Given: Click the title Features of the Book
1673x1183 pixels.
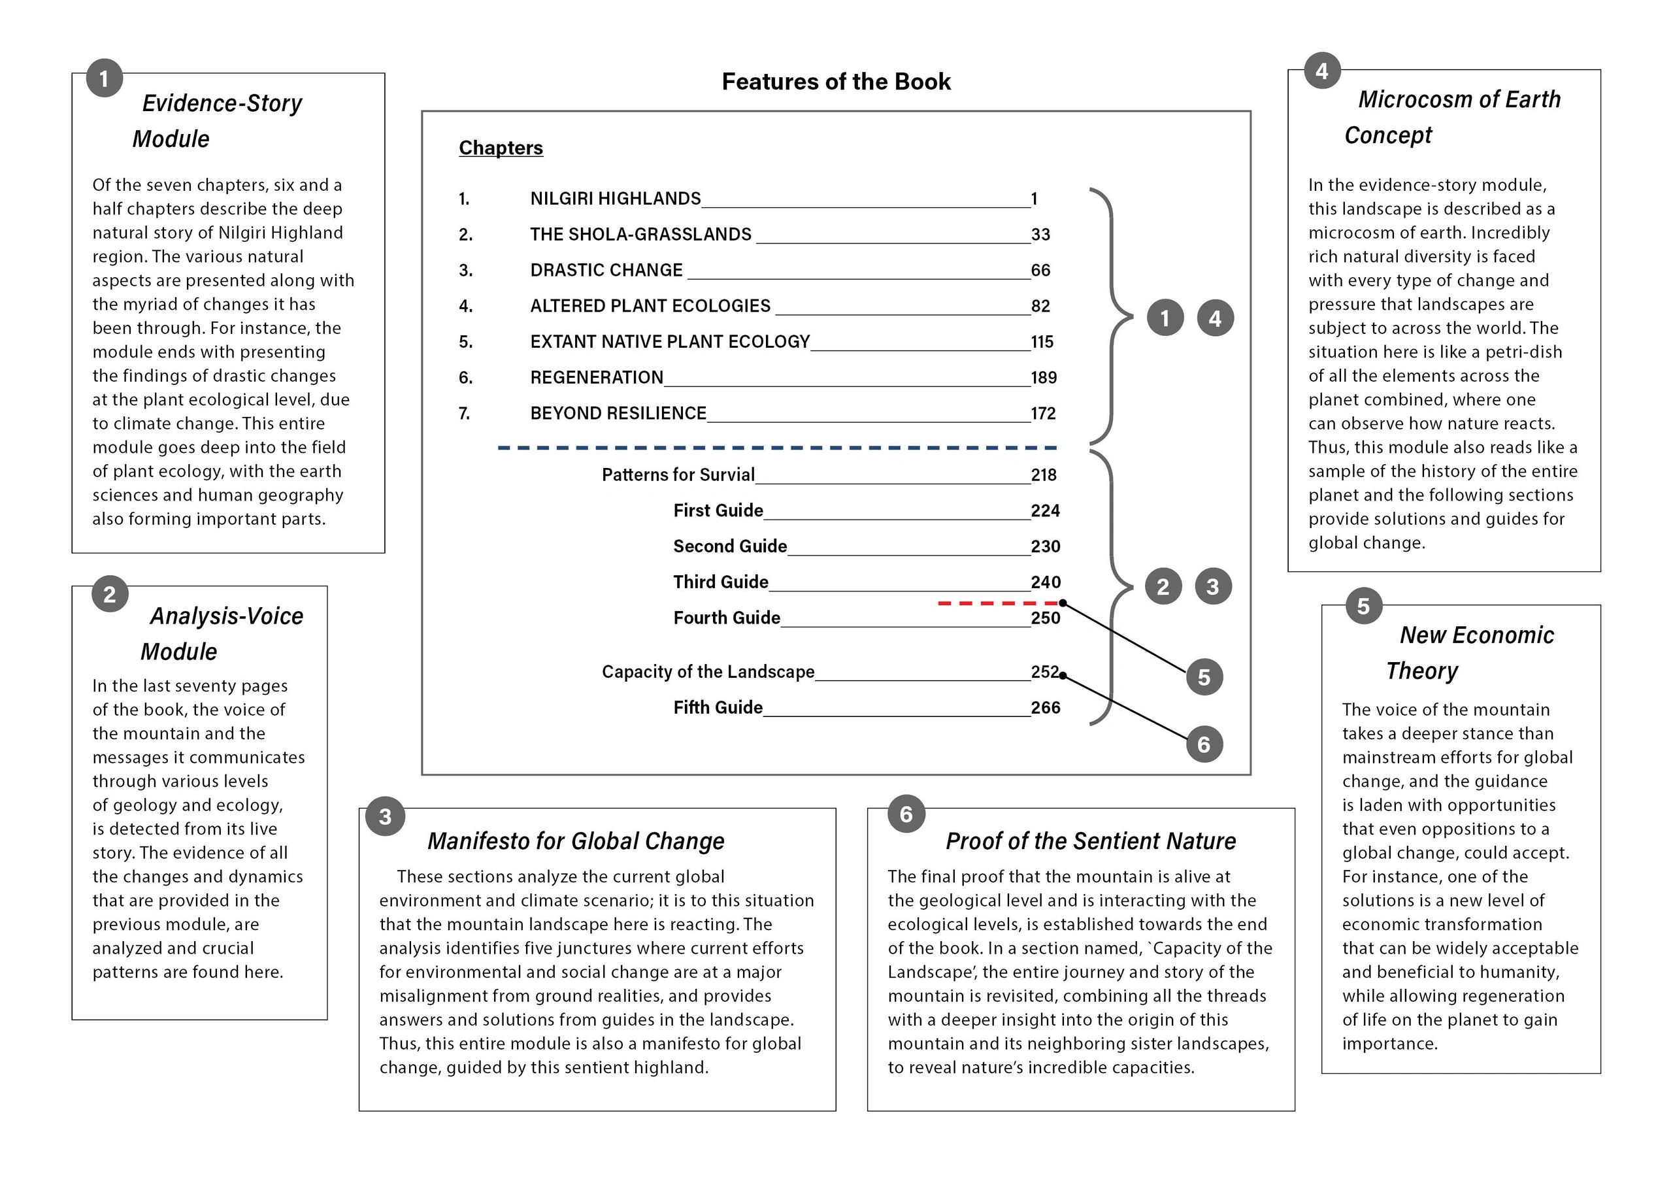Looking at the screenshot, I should click(836, 82).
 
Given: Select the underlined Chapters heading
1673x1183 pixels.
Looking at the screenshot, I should click(501, 148).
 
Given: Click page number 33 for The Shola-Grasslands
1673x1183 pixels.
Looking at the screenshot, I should click(1040, 235).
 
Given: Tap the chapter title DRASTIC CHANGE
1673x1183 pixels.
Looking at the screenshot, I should click(606, 271).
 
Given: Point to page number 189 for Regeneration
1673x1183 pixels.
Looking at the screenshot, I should click(1044, 378).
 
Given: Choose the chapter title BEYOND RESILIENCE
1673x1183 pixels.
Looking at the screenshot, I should click(618, 413).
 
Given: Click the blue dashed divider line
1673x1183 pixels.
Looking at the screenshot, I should click(777, 448).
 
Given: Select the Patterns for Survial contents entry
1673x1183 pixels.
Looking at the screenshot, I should click(678, 475).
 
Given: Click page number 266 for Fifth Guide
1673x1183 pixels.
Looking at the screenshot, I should click(1045, 708).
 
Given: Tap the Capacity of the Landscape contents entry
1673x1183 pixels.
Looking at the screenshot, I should click(708, 672).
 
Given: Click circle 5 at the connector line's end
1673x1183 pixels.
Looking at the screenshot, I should click(1204, 677).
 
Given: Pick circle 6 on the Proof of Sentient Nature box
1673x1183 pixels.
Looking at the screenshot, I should click(906, 814).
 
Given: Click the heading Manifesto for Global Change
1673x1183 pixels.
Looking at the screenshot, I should click(576, 841).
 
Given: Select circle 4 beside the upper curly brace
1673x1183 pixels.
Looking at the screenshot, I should click(1215, 318).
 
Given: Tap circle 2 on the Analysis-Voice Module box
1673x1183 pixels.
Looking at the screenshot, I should click(109, 594).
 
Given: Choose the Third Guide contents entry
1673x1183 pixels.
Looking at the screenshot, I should click(721, 582).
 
